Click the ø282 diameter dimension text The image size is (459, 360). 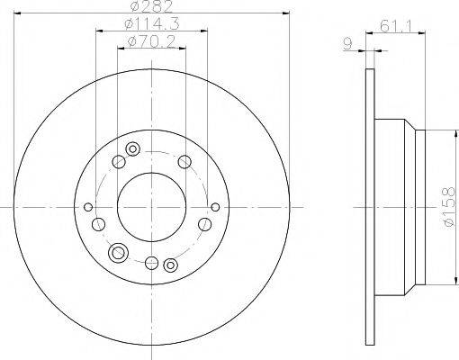(x=150, y=7)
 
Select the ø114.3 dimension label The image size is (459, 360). (x=150, y=25)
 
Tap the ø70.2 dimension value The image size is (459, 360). (x=150, y=41)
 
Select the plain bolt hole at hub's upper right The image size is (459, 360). (x=184, y=162)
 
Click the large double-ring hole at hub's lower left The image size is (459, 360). (x=117, y=254)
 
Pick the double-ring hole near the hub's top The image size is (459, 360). (x=133, y=149)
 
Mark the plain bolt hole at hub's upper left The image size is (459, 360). (x=117, y=162)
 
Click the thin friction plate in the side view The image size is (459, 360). (x=370, y=206)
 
